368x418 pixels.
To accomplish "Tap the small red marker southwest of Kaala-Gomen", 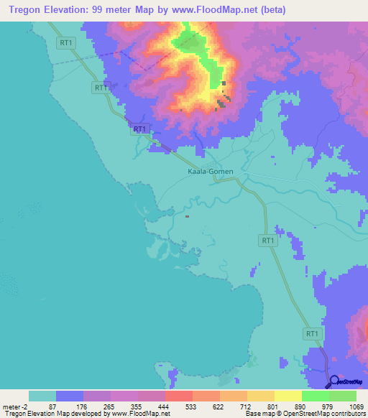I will point(187,215).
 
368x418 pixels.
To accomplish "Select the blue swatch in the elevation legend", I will point(70,396).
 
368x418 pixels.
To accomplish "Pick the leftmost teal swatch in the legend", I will point(42,396).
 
